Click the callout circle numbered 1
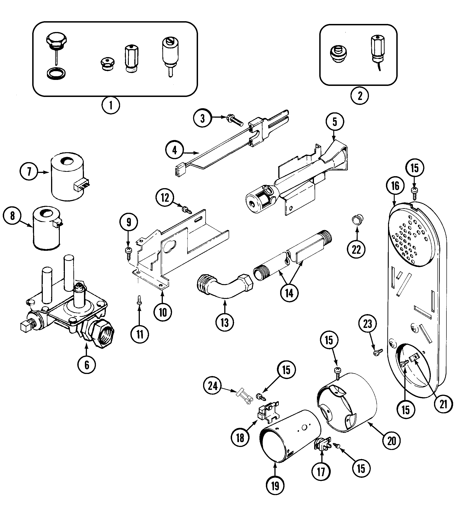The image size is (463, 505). (x=111, y=105)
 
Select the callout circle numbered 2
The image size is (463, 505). (x=360, y=96)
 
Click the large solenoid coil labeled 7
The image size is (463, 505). (x=68, y=176)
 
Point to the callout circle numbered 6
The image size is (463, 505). (x=87, y=365)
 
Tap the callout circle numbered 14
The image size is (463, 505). (x=289, y=293)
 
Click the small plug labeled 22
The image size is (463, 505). (x=357, y=220)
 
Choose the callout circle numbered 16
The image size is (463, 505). (x=395, y=186)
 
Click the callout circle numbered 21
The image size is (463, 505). (x=443, y=404)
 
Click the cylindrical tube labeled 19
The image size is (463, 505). (x=291, y=436)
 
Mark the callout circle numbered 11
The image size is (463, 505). (x=140, y=334)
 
